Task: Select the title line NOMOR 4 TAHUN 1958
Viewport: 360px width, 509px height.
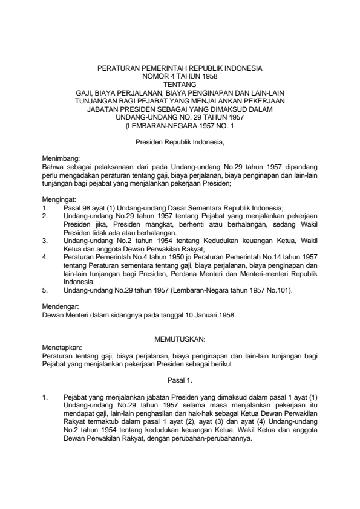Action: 180,76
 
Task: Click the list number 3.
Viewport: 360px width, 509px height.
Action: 45,240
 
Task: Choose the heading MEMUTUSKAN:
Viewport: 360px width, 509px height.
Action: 180,342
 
